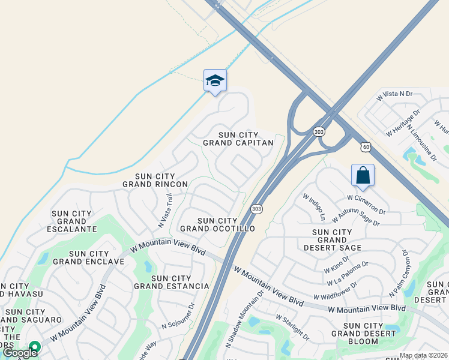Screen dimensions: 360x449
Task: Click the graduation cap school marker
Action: click(215, 80)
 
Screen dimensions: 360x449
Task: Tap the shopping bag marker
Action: click(363, 175)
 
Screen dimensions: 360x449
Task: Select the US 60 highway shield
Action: click(365, 146)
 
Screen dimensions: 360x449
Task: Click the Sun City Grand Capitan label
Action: click(238, 139)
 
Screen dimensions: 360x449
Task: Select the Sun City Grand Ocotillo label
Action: click(217, 225)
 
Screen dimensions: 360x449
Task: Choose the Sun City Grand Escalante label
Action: click(74, 221)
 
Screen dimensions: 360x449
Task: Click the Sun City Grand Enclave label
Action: click(88, 258)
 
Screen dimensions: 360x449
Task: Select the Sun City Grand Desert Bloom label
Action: click(361, 334)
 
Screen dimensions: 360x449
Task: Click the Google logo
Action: click(20, 353)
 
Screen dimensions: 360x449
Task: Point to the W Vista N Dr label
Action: click(394, 95)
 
